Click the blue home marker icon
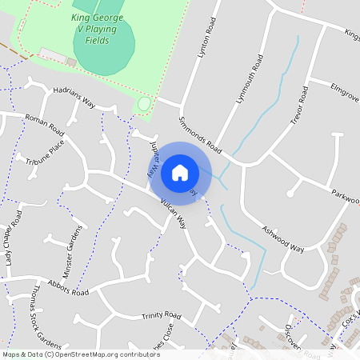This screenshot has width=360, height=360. [x=180, y=172]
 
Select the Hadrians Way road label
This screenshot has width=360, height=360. [x=74, y=97]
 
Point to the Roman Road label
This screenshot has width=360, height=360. [x=44, y=124]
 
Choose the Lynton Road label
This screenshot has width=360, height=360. [x=206, y=43]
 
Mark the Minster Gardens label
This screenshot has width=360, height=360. [x=74, y=249]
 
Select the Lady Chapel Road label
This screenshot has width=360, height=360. [x=14, y=238]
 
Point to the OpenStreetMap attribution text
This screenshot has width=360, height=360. [x=81, y=354]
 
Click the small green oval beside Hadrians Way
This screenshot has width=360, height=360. [x=144, y=104]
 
